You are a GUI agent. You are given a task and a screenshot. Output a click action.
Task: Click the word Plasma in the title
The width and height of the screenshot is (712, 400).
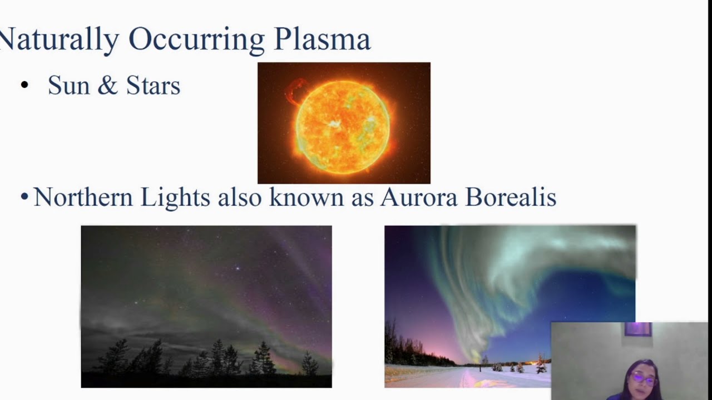click(322, 39)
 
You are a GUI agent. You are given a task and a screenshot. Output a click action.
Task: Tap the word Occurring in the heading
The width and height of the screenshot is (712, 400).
click(196, 41)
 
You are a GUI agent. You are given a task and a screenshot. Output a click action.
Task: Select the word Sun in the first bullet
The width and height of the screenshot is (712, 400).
click(69, 86)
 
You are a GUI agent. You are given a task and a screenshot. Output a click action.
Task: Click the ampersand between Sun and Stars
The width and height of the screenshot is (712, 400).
click(108, 85)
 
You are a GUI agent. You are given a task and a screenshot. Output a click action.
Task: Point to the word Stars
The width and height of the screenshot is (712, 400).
click(153, 86)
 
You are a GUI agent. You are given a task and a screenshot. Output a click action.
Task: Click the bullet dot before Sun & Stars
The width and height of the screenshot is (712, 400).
click(24, 85)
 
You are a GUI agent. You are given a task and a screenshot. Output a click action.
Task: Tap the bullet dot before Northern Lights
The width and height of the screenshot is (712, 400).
click(24, 197)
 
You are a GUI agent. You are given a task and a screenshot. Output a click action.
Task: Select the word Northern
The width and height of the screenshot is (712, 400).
click(83, 197)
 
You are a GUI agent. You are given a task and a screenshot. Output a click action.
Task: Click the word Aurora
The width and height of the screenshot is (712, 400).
click(419, 197)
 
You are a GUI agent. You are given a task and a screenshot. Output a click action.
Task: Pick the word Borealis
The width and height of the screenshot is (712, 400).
click(511, 197)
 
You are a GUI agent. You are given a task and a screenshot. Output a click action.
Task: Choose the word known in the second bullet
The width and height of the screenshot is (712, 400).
click(306, 197)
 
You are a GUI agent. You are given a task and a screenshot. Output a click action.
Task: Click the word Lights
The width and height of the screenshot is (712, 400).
click(175, 199)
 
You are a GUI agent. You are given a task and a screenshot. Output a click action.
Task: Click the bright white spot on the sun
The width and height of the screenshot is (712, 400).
click(333, 124)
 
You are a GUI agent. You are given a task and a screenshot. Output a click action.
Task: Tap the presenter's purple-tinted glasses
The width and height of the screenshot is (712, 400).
click(644, 378)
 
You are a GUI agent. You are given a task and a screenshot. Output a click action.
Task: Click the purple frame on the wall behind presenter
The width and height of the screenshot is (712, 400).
click(638, 329)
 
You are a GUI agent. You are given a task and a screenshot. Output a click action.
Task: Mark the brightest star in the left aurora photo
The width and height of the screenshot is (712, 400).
click(238, 268)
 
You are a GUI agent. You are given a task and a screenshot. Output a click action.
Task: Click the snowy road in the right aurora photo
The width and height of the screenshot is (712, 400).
click(467, 378)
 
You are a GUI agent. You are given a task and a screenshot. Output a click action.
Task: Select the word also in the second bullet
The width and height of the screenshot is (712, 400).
click(240, 197)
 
